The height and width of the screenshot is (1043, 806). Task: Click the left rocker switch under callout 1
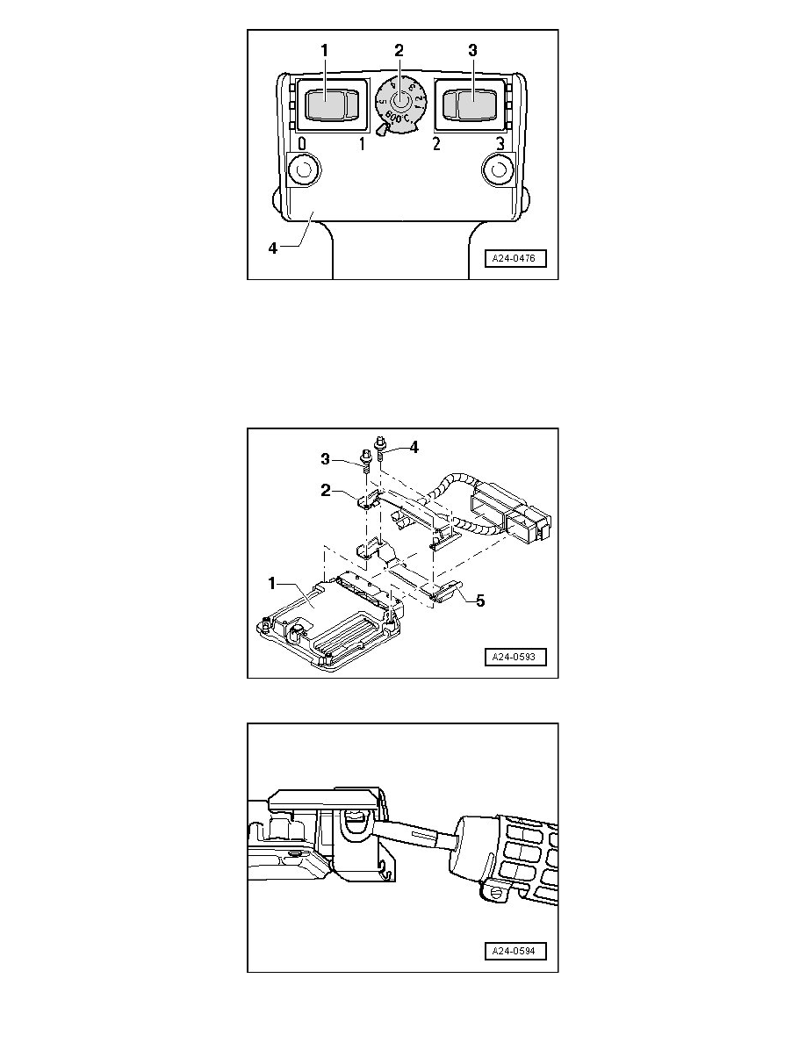pyautogui.click(x=327, y=105)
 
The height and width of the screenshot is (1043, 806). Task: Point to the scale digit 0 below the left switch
pyautogui.click(x=302, y=144)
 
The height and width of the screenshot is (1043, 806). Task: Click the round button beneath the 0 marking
pyautogui.click(x=304, y=169)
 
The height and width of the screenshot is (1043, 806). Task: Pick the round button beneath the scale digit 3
pyautogui.click(x=499, y=169)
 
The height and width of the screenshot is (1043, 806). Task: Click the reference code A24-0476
pyautogui.click(x=518, y=258)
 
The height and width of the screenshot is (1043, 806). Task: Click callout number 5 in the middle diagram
pyautogui.click(x=479, y=601)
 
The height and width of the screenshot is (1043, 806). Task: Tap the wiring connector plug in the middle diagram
pyautogui.click(x=509, y=518)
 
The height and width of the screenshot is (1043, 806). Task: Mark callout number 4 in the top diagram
pyautogui.click(x=272, y=248)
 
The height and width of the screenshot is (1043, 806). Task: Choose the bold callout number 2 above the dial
pyautogui.click(x=399, y=51)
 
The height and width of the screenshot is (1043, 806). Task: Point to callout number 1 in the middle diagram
pyautogui.click(x=272, y=582)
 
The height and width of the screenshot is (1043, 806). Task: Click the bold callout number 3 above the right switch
pyautogui.click(x=472, y=51)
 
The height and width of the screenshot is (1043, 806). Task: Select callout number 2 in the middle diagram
pyautogui.click(x=327, y=492)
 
